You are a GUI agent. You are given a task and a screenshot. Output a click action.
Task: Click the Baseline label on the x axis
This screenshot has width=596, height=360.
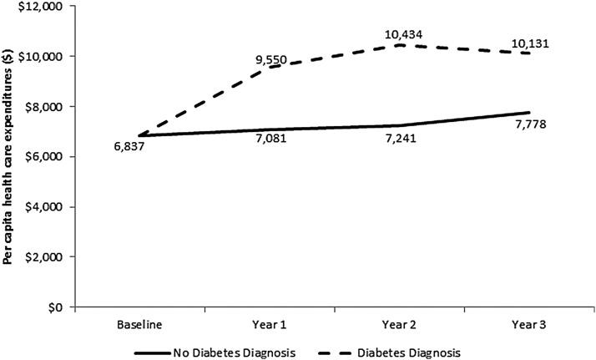[139, 322]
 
